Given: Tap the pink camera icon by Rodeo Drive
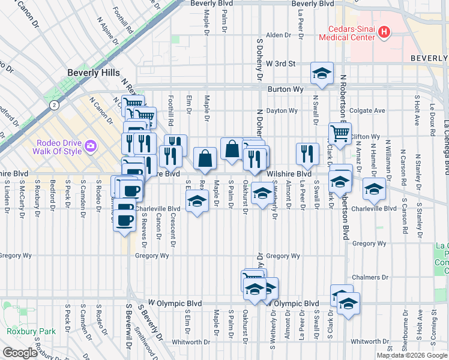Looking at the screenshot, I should [91, 145].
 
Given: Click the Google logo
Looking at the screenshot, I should [19, 353].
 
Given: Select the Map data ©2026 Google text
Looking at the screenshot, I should [412, 355].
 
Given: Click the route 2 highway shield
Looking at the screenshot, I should [54, 105].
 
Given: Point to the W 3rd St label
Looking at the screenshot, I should [281, 63].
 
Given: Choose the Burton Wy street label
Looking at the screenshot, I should [283, 89].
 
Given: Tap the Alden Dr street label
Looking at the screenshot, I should [279, 35].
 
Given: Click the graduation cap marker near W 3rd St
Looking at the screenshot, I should [322, 74].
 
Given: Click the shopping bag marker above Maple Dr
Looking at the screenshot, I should [205, 159].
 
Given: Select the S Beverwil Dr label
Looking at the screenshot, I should [128, 330].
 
